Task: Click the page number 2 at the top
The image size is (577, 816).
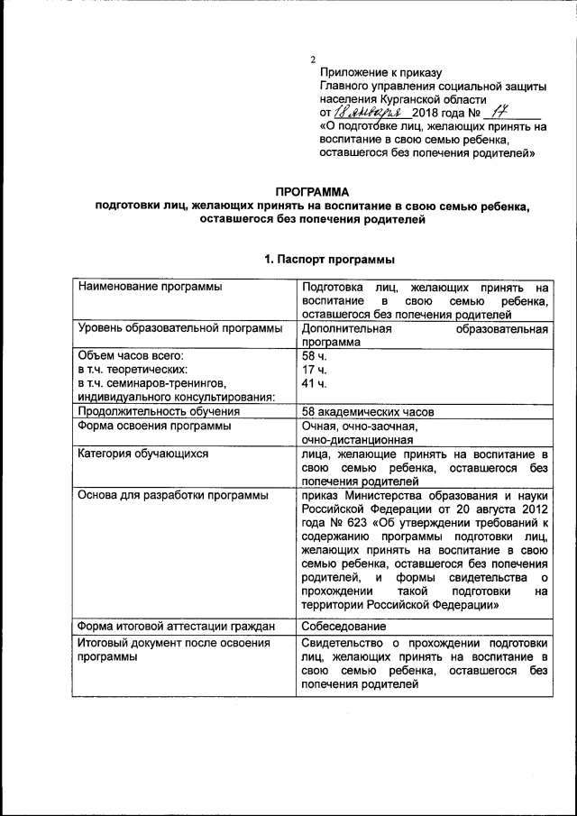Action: (x=313, y=60)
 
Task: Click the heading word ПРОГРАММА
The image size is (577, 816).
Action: (x=313, y=191)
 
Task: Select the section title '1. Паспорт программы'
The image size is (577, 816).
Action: (x=329, y=260)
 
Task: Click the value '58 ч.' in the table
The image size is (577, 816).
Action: (x=314, y=357)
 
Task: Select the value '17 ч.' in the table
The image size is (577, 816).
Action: (x=314, y=371)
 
